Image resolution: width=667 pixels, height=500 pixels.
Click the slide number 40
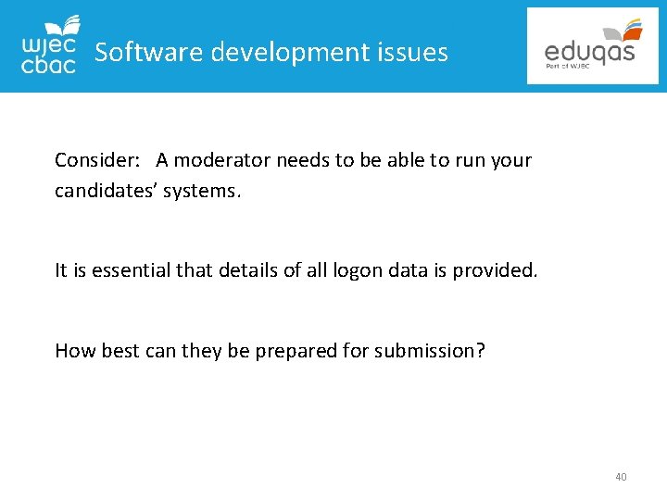click(621, 477)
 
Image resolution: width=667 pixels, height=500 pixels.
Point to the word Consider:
click(97, 160)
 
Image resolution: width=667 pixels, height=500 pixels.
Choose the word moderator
click(218, 160)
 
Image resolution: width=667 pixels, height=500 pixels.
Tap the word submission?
click(430, 350)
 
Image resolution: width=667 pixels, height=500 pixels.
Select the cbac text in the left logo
click(48, 65)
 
